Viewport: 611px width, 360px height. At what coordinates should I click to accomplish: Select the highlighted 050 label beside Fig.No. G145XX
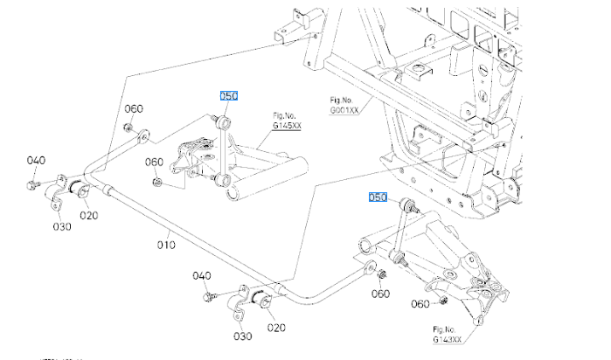[228, 97]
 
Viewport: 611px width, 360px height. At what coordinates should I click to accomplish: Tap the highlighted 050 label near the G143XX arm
[377, 198]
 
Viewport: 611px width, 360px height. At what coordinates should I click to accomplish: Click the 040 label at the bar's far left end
[36, 160]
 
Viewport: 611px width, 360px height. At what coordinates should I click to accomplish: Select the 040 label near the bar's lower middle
[202, 275]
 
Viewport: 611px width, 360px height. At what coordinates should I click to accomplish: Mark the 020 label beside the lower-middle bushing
[277, 328]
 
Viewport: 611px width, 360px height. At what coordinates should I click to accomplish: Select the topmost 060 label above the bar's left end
[133, 109]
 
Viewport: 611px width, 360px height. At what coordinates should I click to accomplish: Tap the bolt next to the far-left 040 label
[31, 183]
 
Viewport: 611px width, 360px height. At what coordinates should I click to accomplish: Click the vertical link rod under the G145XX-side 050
[225, 149]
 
